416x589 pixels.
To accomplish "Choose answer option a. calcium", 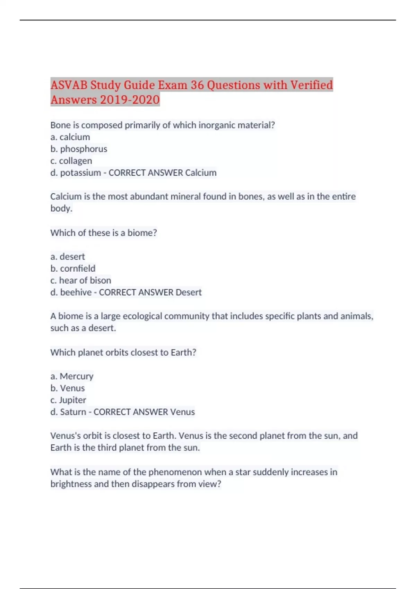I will click(x=70, y=137).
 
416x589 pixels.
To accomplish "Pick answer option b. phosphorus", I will click(x=79, y=149).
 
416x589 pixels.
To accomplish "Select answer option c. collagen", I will click(x=71, y=161).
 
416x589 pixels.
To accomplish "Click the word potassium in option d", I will click(x=80, y=173).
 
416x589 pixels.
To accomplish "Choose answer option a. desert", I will click(x=68, y=257).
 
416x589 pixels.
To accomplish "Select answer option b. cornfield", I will click(x=73, y=269).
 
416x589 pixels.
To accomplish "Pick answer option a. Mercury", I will click(x=72, y=376).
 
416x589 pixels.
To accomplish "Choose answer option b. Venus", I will click(x=68, y=388).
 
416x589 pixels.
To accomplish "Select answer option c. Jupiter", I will click(x=68, y=400).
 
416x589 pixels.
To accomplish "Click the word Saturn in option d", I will click(x=73, y=412).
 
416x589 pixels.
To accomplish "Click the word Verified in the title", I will click(x=311, y=85).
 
